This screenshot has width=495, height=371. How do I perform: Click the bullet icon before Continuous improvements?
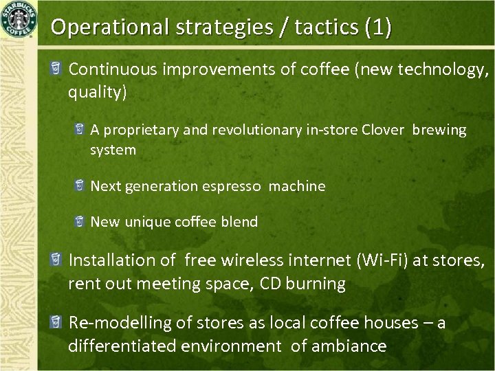point(55,69)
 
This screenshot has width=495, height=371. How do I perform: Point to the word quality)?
point(97,92)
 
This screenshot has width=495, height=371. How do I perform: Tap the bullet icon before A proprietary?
point(79,130)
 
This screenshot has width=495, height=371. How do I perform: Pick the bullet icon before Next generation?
point(79,186)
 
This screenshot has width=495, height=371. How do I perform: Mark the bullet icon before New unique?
point(79,222)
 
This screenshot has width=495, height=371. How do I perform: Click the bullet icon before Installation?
point(55,260)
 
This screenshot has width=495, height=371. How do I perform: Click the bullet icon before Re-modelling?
point(55,322)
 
